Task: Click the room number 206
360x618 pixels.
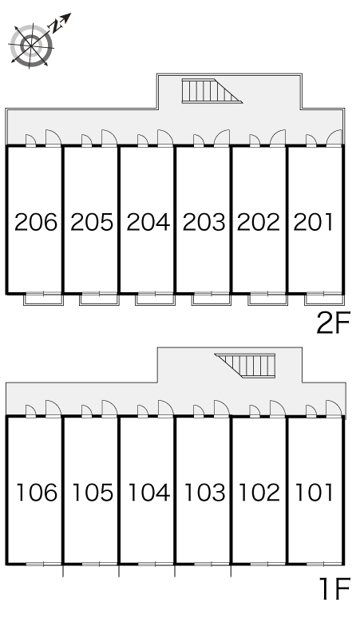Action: [36, 222]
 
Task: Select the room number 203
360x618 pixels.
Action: [204, 222]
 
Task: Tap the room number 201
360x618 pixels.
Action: [313, 222]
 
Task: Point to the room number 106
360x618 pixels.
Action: [37, 493]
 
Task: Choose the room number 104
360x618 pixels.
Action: [149, 493]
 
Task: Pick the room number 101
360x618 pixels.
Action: [315, 493]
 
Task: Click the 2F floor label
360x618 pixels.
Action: [333, 323]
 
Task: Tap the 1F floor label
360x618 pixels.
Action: [334, 588]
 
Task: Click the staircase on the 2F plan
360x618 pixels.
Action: [211, 91]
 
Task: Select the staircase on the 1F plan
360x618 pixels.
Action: [245, 366]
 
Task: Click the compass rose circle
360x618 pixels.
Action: [31, 45]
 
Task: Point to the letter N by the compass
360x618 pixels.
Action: [57, 26]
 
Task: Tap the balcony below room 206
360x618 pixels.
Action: [44, 299]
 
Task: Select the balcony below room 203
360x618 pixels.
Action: [212, 299]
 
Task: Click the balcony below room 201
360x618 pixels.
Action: [324, 299]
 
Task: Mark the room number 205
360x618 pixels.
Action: [92, 222]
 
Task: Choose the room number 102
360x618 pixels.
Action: [259, 493]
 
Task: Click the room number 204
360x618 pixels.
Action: [148, 222]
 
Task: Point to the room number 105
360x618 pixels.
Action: [93, 493]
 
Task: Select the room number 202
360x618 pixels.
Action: [259, 222]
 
